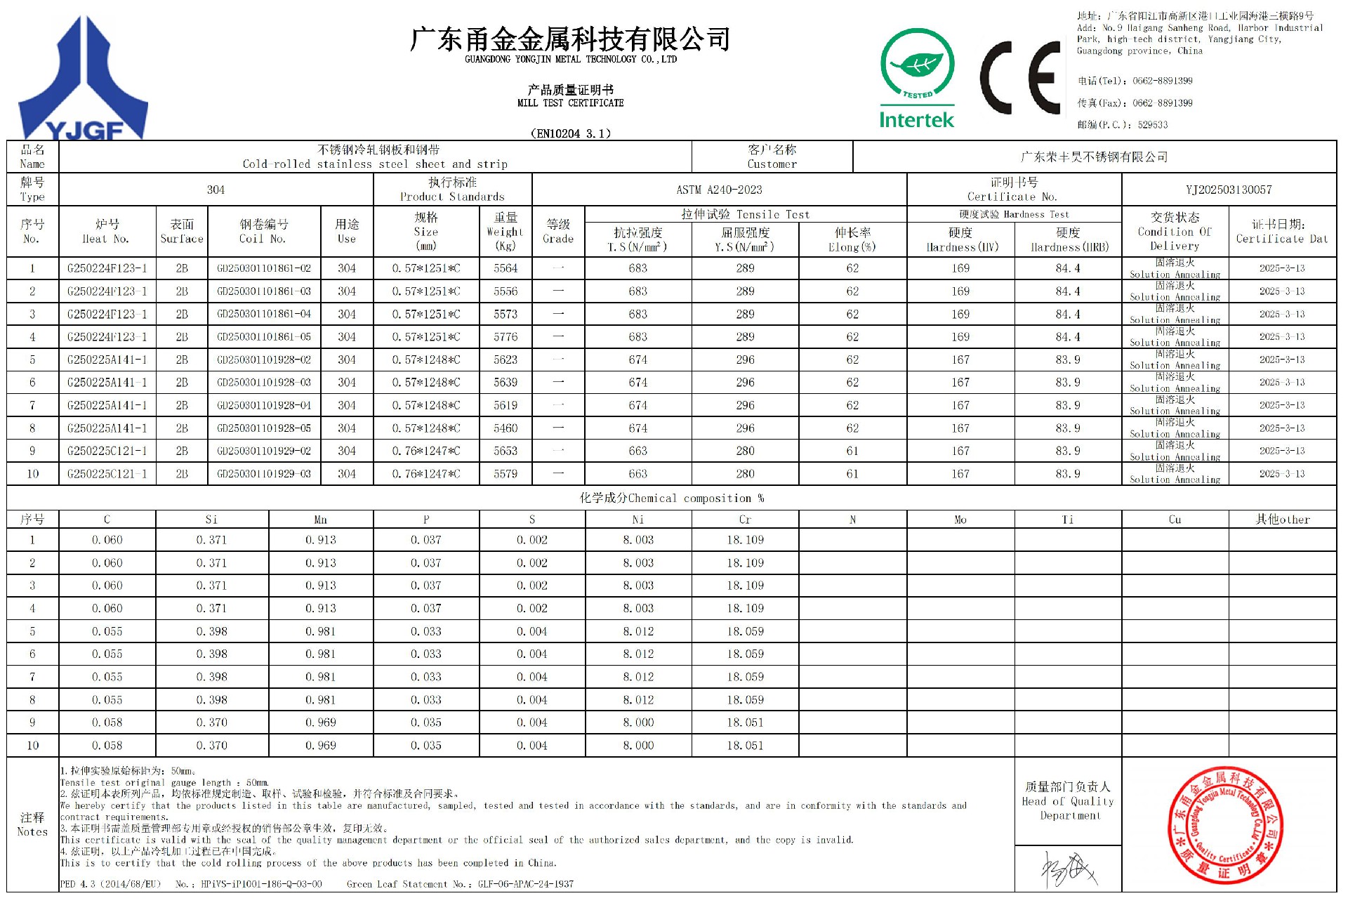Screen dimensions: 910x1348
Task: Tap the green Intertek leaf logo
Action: (x=917, y=77)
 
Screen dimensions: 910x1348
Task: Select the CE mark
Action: (x=1020, y=77)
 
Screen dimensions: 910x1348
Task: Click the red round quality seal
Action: (x=1225, y=825)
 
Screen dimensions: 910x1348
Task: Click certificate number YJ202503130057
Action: (x=1229, y=190)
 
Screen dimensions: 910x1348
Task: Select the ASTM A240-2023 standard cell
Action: (x=719, y=190)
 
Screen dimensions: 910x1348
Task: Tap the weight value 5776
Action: (x=505, y=337)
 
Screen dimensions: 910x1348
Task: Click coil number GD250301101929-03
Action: (x=264, y=474)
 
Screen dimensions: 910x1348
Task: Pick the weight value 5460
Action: (x=505, y=428)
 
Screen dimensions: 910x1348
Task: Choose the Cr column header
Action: (x=745, y=520)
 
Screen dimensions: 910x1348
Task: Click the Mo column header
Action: (x=960, y=520)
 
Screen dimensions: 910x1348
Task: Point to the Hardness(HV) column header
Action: (x=960, y=239)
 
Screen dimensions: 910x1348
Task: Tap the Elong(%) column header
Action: (x=852, y=239)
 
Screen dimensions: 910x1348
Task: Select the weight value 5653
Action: (x=505, y=451)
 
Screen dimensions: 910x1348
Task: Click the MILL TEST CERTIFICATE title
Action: (x=570, y=103)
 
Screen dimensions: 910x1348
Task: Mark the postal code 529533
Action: (x=1153, y=125)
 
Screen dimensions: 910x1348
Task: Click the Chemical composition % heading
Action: (x=671, y=498)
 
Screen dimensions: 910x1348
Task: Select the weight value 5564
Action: (x=505, y=268)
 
